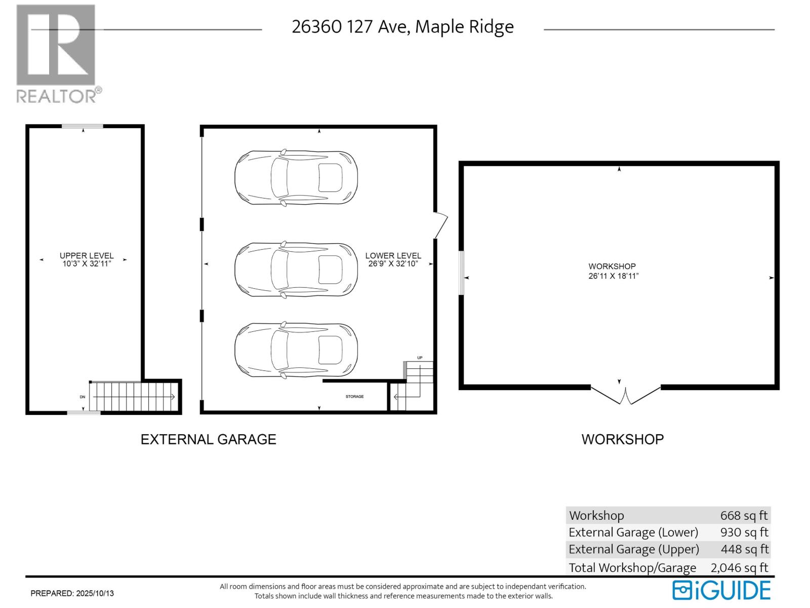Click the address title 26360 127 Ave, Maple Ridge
pyautogui.click(x=402, y=27)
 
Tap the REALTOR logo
pyautogui.click(x=56, y=53)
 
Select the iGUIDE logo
pyautogui.click(x=721, y=591)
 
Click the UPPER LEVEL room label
pyautogui.click(x=87, y=255)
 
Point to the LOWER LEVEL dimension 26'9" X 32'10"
pyautogui.click(x=393, y=264)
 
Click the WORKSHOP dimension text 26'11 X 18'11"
pyautogui.click(x=613, y=276)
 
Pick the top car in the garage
pyautogui.click(x=296, y=177)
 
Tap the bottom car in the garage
pyautogui.click(x=296, y=350)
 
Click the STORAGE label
pyautogui.click(x=354, y=397)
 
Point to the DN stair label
pyautogui.click(x=83, y=397)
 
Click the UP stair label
pyautogui.click(x=420, y=358)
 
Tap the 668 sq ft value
pyautogui.click(x=744, y=516)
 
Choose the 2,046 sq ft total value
pyautogui.click(x=739, y=568)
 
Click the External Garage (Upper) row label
pyautogui.click(x=633, y=550)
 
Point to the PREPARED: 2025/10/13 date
pyautogui.click(x=72, y=593)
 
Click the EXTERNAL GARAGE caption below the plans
pyautogui.click(x=208, y=439)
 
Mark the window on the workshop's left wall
pyautogui.click(x=461, y=272)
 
